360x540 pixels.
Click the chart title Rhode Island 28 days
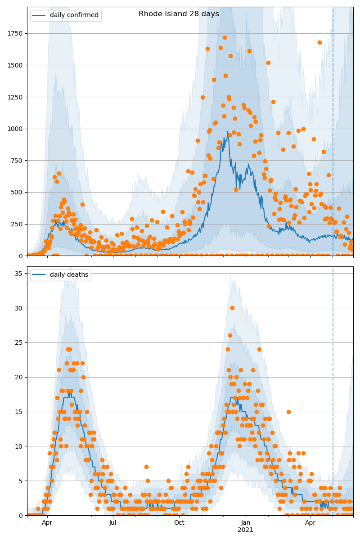coord(179,14)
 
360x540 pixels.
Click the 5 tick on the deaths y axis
coord(21,481)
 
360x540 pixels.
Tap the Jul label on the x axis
coord(112,523)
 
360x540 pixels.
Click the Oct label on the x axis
coord(179,523)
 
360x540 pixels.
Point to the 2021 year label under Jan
coord(246,530)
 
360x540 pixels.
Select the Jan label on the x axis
coord(246,523)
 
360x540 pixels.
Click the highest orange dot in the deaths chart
coord(232,308)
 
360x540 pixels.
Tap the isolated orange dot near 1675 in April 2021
coord(319,42)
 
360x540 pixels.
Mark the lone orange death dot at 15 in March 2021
coord(288,412)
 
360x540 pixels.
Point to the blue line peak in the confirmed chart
coord(228,132)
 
